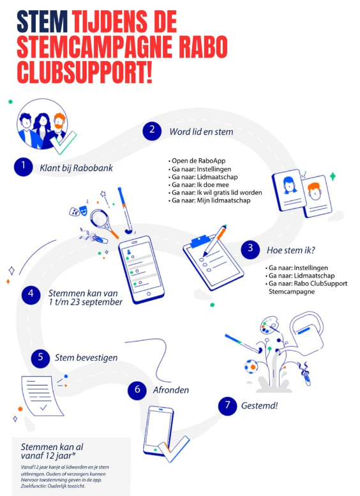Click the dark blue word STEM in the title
point(41,22)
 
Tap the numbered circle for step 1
point(24,167)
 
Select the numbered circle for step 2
point(152,130)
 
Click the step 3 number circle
point(250,249)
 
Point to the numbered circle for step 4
point(31,295)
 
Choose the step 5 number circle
point(40,358)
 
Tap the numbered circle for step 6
point(137,390)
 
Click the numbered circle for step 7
point(227,406)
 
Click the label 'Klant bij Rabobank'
point(76,168)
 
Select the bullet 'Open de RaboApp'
point(197,161)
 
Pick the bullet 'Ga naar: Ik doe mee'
point(199,184)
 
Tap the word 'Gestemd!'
point(259,405)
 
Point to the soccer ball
point(251,366)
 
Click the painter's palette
point(269,326)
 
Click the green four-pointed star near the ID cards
point(333,177)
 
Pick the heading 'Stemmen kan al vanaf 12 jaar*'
point(52,451)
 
